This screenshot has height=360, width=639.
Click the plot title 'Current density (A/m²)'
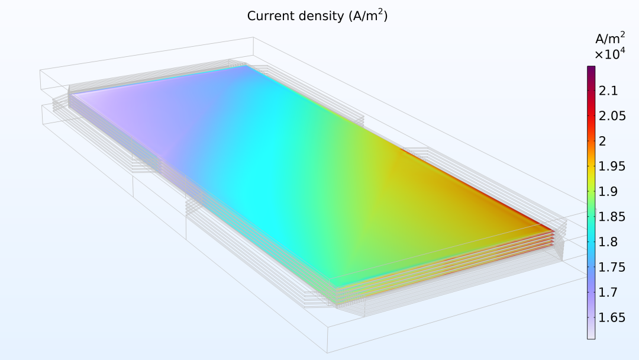(x=317, y=16)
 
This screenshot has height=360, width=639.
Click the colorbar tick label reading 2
(x=603, y=141)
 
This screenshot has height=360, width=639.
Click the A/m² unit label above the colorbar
(x=609, y=39)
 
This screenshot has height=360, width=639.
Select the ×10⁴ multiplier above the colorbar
(x=609, y=54)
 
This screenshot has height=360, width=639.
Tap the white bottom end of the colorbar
(x=591, y=335)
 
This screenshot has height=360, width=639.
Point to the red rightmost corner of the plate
(x=551, y=231)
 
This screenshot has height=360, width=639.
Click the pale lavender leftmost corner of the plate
(x=72, y=94)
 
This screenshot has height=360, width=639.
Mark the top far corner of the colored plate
(x=244, y=66)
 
